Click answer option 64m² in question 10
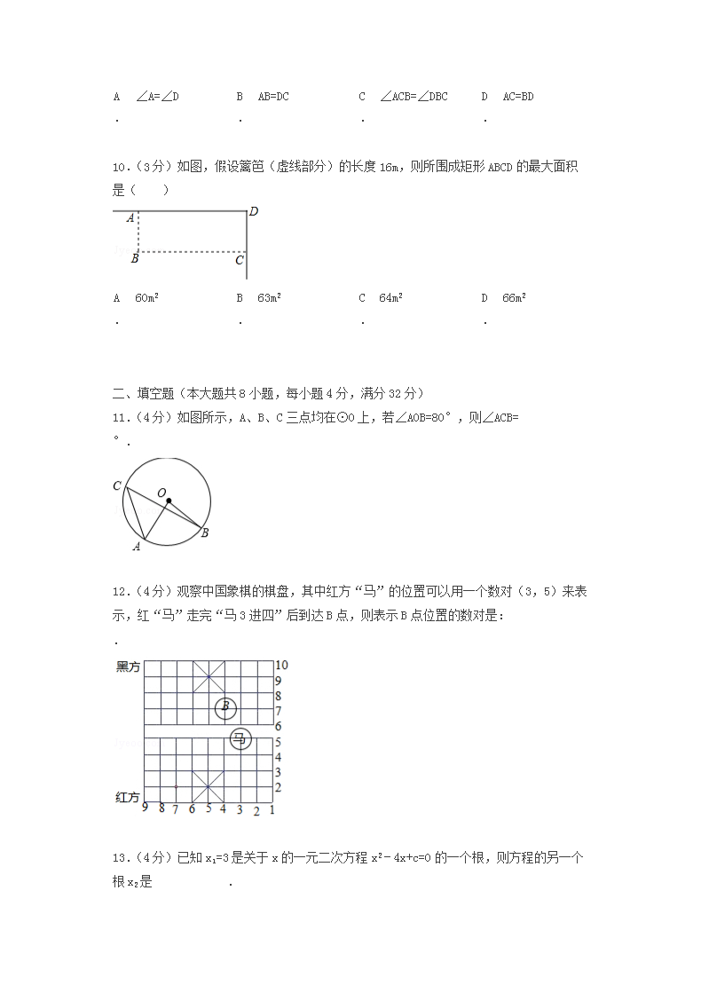pyautogui.click(x=390, y=298)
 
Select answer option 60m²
pyautogui.click(x=146, y=298)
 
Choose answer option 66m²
pyautogui.click(x=514, y=298)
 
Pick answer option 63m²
pyautogui.click(x=269, y=298)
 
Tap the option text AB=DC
pyautogui.click(x=273, y=96)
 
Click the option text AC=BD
pyautogui.click(x=518, y=96)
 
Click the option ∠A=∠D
pyautogui.click(x=158, y=96)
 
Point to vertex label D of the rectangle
pyautogui.click(x=253, y=211)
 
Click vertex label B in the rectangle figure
pyautogui.click(x=135, y=258)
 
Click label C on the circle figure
pyautogui.click(x=117, y=485)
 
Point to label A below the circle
pyautogui.click(x=136, y=547)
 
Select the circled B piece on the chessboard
pyautogui.click(x=225, y=707)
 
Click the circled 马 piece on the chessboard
pyautogui.click(x=240, y=738)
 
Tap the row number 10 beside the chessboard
pyautogui.click(x=280, y=665)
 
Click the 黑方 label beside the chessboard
pyautogui.click(x=128, y=667)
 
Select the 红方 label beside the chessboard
pyautogui.click(x=128, y=798)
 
